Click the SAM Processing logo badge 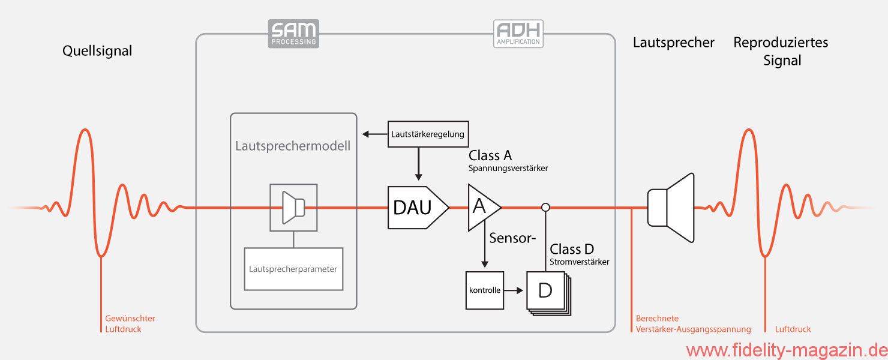coord(293,34)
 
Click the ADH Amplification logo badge coord(518,34)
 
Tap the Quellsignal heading coord(97,51)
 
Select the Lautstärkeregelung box coord(428,134)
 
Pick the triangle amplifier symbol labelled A coord(482,207)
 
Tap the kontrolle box coord(485,290)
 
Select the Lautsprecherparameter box coord(293,269)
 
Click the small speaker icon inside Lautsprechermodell coord(293,207)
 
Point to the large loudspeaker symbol coord(671,208)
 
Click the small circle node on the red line coord(545,208)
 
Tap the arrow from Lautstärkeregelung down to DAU coord(418,164)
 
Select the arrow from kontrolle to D coord(514,290)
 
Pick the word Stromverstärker coord(579,262)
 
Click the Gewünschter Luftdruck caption coord(130,324)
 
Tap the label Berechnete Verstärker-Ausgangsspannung coord(693,324)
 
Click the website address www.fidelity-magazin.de coord(786,350)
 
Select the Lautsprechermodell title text coord(293,146)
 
